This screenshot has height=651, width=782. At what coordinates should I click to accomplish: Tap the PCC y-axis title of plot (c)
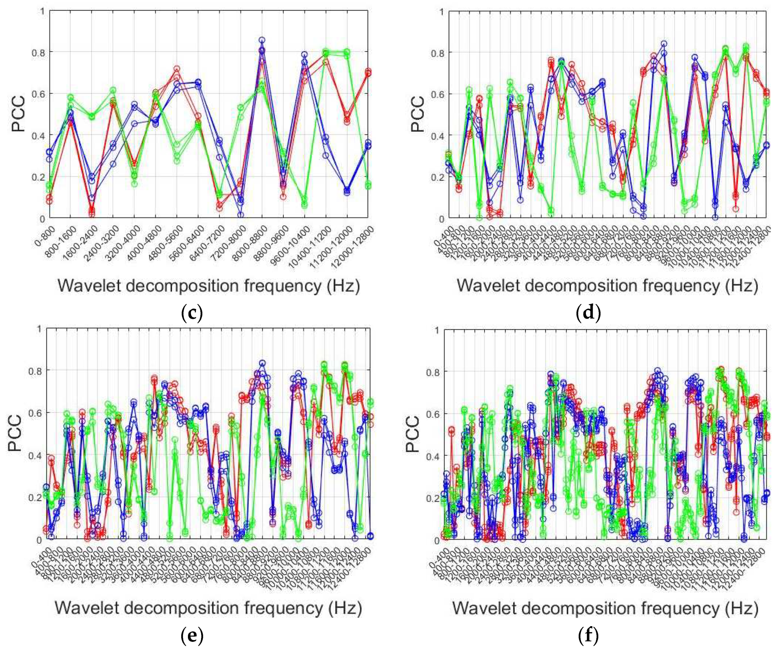tap(18, 114)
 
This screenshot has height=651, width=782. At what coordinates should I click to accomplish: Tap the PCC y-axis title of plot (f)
tap(412, 435)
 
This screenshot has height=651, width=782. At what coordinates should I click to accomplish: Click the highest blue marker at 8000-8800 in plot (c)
tap(262, 40)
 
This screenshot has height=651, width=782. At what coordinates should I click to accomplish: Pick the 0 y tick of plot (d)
tap(442, 219)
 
